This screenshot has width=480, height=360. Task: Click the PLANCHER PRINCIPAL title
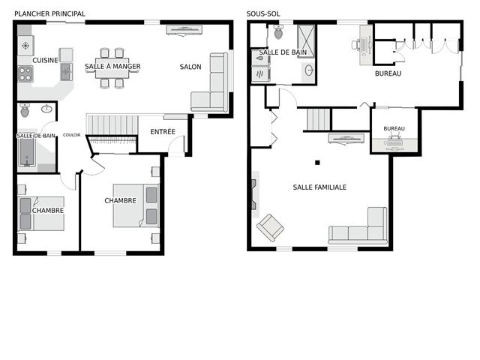[x=50, y=13]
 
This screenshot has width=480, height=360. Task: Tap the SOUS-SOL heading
[x=263, y=13]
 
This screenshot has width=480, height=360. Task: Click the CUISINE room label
[x=45, y=60]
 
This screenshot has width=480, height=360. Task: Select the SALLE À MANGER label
[x=112, y=67]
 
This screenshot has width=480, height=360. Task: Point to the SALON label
[x=190, y=67]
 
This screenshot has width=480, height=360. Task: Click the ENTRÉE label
[x=163, y=132]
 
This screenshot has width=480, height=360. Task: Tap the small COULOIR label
[x=72, y=135]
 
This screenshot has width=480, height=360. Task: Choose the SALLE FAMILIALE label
[x=319, y=187]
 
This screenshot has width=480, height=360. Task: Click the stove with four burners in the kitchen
[x=25, y=74]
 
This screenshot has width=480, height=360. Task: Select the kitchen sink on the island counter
[x=67, y=72]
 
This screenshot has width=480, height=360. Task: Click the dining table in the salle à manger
[x=112, y=68]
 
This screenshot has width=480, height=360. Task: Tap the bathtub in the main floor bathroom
[x=28, y=152]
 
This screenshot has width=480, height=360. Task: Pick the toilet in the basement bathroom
[x=278, y=31]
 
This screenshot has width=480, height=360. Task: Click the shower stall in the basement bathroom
[x=306, y=40]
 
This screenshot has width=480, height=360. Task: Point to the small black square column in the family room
[x=317, y=163]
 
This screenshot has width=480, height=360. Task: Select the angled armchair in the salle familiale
[x=270, y=227]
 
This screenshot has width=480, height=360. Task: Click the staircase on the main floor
[x=112, y=124]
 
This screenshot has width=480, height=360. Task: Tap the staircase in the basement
[x=319, y=119]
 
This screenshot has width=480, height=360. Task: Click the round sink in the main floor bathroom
[x=46, y=108]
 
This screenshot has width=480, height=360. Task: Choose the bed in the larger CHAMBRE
[x=136, y=205]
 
